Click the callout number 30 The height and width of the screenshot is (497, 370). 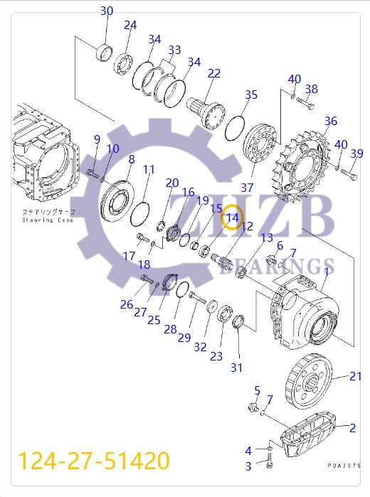[106, 11]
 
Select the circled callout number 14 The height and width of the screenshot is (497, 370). [233, 218]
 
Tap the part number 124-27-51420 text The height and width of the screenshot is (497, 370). [93, 461]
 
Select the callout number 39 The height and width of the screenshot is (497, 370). [356, 154]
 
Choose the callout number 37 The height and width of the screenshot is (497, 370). [247, 188]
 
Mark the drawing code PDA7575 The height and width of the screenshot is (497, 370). [344, 465]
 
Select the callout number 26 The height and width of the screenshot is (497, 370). [126, 304]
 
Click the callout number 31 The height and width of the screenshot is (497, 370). [237, 368]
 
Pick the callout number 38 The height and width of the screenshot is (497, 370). [311, 90]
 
